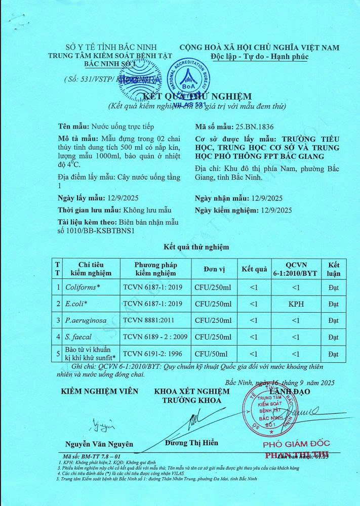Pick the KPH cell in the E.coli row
[x=296, y=304]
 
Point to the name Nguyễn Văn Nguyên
[x=99, y=444]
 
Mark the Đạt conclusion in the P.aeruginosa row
[x=333, y=320]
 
